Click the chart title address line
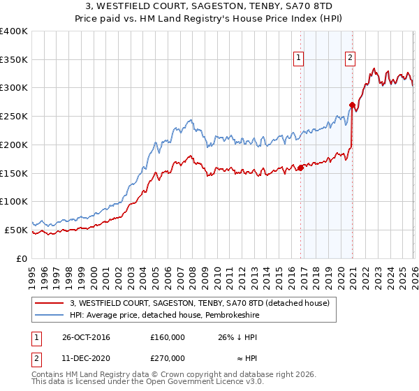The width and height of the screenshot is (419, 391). click(x=209, y=6)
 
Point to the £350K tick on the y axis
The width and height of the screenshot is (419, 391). click(x=14, y=59)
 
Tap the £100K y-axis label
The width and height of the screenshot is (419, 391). click(x=14, y=201)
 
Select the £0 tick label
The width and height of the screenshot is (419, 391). click(x=22, y=258)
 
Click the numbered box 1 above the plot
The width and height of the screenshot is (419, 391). click(x=299, y=58)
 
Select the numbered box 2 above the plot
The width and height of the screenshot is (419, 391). click(x=349, y=58)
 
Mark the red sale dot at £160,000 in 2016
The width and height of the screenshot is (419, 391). click(x=300, y=168)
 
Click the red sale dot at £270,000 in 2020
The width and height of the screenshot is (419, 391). click(x=352, y=105)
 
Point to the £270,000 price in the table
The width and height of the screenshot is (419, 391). click(x=168, y=357)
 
